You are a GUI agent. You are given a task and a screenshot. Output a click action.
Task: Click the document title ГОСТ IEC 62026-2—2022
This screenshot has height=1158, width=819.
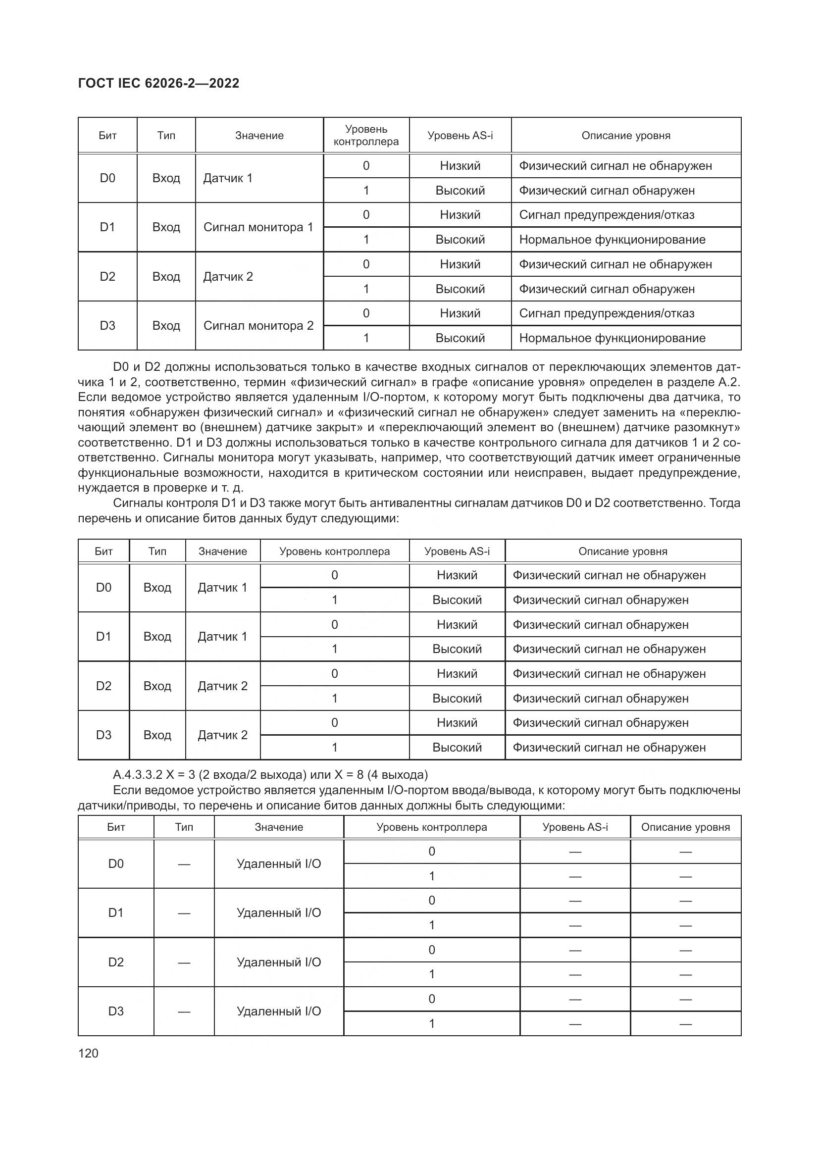click(158, 83)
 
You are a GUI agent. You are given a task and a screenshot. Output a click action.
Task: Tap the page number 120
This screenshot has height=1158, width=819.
click(88, 1053)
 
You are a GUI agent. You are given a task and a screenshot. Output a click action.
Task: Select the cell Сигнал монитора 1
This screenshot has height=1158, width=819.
click(258, 227)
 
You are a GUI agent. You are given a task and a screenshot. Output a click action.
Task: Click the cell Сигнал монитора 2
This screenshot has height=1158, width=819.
click(258, 326)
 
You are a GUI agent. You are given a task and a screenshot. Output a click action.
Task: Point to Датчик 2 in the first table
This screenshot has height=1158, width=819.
click(228, 276)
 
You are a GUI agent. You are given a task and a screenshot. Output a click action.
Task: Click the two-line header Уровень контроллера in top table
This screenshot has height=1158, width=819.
click(366, 135)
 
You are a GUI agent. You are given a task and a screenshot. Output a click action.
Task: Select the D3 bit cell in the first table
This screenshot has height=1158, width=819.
click(107, 326)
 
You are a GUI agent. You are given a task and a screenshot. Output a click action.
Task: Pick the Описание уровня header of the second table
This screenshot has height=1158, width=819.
click(623, 551)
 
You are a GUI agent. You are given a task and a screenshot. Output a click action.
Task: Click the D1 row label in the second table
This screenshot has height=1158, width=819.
click(103, 637)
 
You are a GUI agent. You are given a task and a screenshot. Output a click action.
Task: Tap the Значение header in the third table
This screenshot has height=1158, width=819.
click(279, 827)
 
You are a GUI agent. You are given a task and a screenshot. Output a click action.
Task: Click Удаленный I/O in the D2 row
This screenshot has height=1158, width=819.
click(279, 962)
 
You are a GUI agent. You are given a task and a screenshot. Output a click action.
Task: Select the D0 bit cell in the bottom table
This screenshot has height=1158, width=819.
click(116, 864)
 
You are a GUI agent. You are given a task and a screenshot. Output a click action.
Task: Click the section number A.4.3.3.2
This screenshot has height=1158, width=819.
click(138, 774)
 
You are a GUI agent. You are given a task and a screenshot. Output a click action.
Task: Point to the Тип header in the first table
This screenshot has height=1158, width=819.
click(166, 135)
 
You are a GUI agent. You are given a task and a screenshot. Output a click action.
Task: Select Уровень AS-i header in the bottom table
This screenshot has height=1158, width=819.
click(575, 827)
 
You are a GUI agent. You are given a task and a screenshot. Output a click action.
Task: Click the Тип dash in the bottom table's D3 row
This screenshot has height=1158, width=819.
click(184, 1011)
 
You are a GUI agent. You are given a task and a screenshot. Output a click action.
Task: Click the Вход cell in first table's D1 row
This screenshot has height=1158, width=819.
click(166, 227)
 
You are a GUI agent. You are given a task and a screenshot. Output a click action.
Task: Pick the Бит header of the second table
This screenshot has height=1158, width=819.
click(103, 551)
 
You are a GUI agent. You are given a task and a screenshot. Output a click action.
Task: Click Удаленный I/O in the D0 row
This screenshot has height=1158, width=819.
click(279, 864)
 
